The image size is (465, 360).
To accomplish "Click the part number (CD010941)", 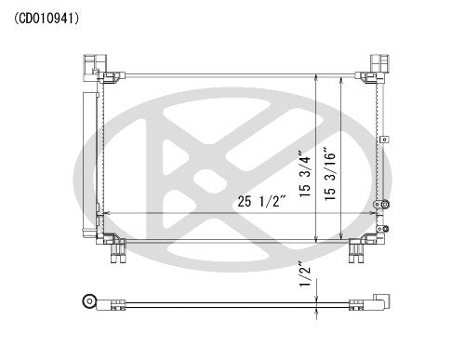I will (x=54, y=17).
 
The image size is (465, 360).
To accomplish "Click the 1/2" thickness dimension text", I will (x=302, y=277).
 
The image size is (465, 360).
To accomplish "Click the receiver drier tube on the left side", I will (x=89, y=153).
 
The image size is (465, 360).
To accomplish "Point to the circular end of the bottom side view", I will (x=90, y=300).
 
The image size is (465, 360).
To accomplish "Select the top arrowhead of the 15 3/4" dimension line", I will (x=318, y=76).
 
